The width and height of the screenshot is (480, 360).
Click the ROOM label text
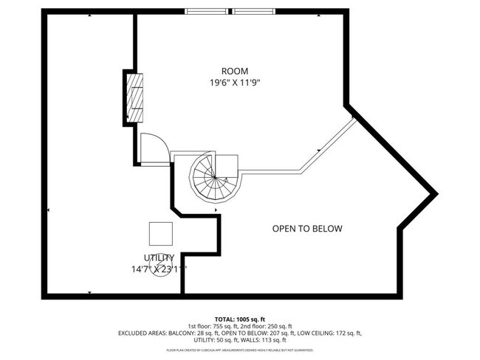(x=235, y=71)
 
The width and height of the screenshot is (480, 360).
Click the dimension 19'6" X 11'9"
(x=235, y=83)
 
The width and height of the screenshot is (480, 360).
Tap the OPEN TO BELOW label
(x=307, y=229)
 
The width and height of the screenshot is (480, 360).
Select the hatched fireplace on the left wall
(x=134, y=96)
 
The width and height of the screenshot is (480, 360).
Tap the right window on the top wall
(x=255, y=12)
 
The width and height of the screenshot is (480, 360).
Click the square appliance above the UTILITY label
(x=161, y=233)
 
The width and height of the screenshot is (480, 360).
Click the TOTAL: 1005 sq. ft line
(x=240, y=318)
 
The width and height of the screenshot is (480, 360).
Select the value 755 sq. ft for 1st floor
(x=231, y=326)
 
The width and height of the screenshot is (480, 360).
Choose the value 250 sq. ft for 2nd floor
(x=279, y=326)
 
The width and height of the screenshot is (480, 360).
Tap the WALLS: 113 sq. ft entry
(x=259, y=340)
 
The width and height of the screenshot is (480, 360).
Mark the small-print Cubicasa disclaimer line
(x=240, y=350)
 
